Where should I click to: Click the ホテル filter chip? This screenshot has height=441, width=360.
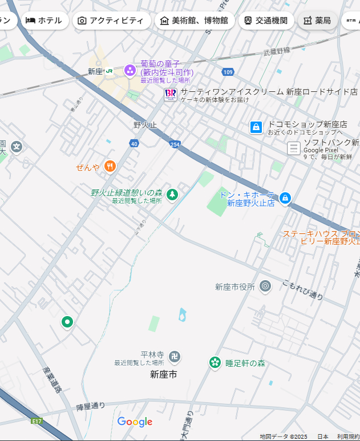pyautogui.click(x=44, y=21)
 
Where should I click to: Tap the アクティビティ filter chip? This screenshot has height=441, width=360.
pyautogui.click(x=110, y=21)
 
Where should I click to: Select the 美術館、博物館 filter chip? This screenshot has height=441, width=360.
pyautogui.click(x=194, y=21)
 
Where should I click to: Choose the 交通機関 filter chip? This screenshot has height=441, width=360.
pyautogui.click(x=265, y=21)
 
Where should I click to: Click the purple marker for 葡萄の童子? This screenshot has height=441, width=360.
pyautogui.click(x=130, y=71)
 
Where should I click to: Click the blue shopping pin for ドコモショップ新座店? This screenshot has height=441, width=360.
pyautogui.click(x=257, y=127)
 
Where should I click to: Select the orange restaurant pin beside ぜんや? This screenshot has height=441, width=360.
pyautogui.click(x=110, y=167)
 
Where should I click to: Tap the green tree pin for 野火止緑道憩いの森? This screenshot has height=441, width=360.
pyautogui.click(x=172, y=195)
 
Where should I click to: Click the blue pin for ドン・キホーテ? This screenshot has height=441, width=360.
pyautogui.click(x=285, y=199)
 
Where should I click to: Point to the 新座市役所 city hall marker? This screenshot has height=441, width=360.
pyautogui.click(x=265, y=286)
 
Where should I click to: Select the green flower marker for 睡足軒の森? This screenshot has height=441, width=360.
pyautogui.click(x=215, y=362)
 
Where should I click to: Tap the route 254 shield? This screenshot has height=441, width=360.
pyautogui.click(x=175, y=145)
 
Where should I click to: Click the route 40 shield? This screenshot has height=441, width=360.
pyautogui.click(x=134, y=143)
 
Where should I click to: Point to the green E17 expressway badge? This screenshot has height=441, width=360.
pyautogui.click(x=37, y=421)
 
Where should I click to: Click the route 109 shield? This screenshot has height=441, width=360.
pyautogui.click(x=228, y=72)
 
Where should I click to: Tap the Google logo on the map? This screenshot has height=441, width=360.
pyautogui.click(x=135, y=422)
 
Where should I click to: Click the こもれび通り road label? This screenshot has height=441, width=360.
pyautogui.click(x=304, y=289)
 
